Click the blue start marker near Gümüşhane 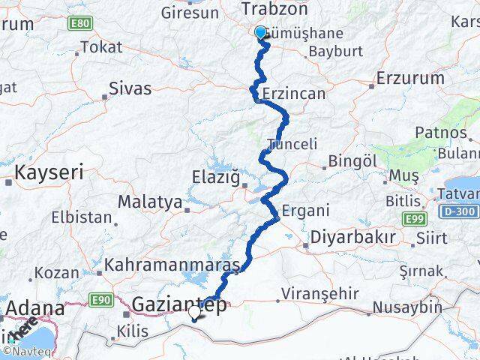click(x=260, y=32)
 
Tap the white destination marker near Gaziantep click(x=195, y=311)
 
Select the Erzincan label click(x=295, y=94)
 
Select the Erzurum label click(x=412, y=79)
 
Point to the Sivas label click(x=130, y=88)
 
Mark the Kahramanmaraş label click(x=172, y=265)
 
